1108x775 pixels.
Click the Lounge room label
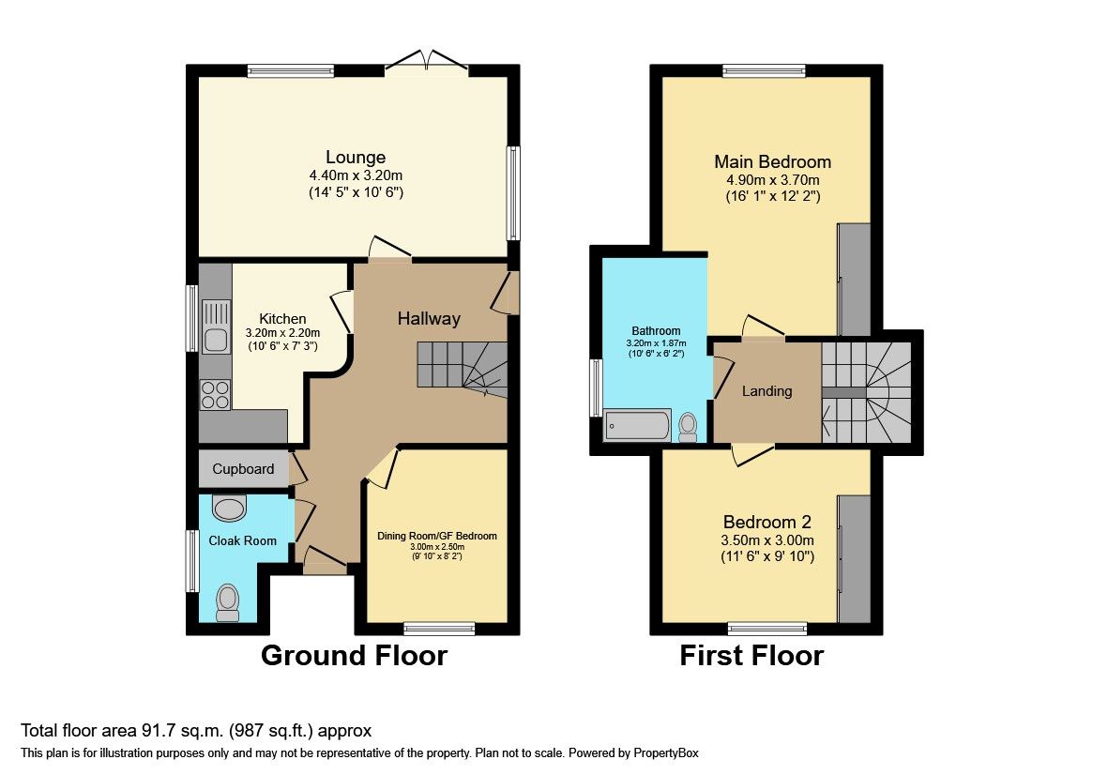[x=356, y=157]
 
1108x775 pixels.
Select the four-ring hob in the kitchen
[x=215, y=394]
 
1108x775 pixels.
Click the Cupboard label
[x=243, y=469]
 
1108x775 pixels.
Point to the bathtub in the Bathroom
[x=638, y=425]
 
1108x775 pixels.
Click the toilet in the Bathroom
[x=689, y=427]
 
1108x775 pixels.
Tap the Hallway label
[x=429, y=319]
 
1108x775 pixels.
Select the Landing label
[x=767, y=391]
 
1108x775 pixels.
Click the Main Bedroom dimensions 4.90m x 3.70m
[x=772, y=181]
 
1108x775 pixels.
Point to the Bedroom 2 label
[x=766, y=523]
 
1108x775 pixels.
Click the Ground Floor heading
[x=354, y=655]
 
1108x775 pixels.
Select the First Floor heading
[x=751, y=655]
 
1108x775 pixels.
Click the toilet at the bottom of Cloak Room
[x=227, y=602]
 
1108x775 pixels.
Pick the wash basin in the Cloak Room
[x=229, y=508]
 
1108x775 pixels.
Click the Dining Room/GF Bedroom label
[x=437, y=537]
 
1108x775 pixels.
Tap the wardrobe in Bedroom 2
[x=854, y=558]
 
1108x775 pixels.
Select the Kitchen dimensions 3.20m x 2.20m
[x=282, y=333]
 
